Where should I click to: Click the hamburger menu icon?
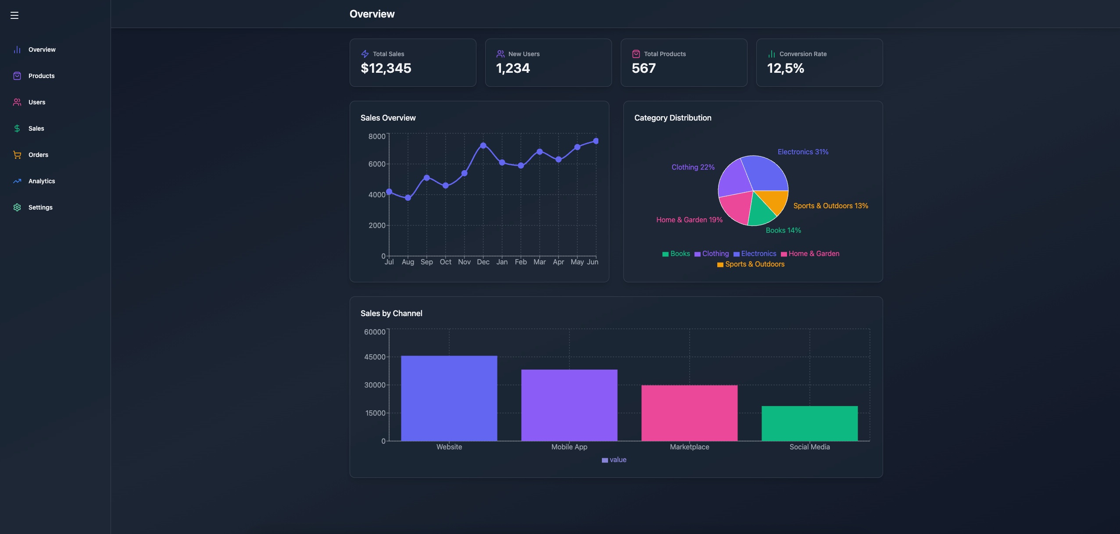tap(14, 15)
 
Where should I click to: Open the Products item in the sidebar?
tap(41, 76)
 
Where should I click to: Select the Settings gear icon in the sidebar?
tap(17, 207)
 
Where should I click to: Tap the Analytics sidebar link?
tap(41, 181)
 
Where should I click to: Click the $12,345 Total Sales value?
tap(386, 68)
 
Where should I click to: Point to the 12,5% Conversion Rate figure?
tap(785, 68)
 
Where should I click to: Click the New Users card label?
tap(523, 54)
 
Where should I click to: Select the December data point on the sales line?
tap(483, 146)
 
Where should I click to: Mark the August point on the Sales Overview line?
tap(408, 198)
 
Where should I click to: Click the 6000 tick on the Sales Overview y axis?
tap(377, 164)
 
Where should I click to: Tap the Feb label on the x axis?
tap(521, 262)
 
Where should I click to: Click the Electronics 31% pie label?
tap(803, 152)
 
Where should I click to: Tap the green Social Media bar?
tap(809, 423)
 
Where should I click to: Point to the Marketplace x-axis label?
tap(689, 447)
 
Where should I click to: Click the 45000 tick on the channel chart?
tap(375, 357)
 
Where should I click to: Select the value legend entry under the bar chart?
tap(614, 460)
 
